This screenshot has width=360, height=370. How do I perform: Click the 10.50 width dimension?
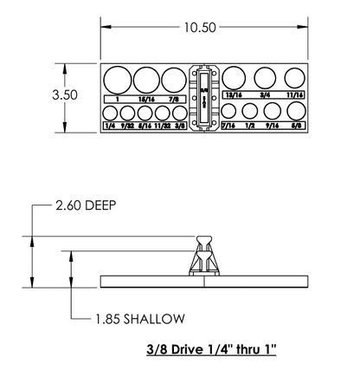[198, 27]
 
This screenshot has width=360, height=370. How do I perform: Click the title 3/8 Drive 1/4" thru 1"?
[211, 352]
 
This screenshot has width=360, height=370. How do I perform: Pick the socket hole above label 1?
[117, 81]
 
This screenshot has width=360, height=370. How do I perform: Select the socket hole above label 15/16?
[145, 81]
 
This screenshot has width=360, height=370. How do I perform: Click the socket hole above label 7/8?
[172, 81]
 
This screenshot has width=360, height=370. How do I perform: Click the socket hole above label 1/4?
[110, 113]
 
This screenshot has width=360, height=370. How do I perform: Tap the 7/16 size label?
[228, 127]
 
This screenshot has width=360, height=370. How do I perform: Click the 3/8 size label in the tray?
[180, 127]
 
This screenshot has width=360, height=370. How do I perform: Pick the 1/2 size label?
[251, 127]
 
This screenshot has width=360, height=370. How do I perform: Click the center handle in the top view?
[204, 99]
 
